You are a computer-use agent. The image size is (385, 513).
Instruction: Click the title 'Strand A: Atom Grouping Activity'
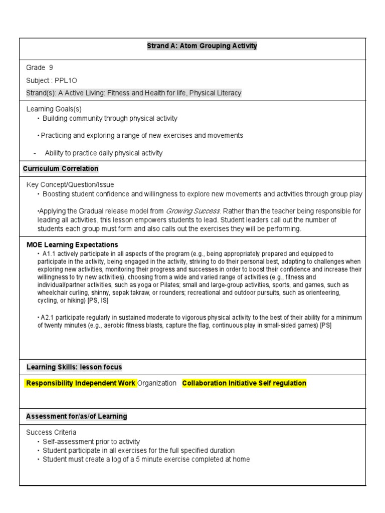click(x=202, y=46)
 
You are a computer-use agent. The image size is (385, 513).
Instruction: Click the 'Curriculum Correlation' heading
click(x=61, y=168)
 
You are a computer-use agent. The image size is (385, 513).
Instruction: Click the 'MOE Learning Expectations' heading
click(x=72, y=245)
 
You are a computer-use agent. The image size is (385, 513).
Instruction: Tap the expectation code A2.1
click(x=48, y=318)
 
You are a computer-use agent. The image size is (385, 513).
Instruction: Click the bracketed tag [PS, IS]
click(x=98, y=301)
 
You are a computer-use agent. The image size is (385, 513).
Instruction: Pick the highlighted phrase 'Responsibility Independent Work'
click(x=80, y=383)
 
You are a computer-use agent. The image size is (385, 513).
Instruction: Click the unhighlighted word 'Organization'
click(x=157, y=383)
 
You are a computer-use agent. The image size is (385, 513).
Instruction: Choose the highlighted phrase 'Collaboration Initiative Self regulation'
click(x=244, y=383)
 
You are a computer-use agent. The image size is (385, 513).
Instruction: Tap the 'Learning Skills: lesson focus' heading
click(x=74, y=367)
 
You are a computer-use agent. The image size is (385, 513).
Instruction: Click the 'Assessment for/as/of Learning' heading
click(x=77, y=416)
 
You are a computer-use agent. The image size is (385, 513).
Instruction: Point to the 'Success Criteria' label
click(x=51, y=432)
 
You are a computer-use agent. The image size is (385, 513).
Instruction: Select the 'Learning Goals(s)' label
click(x=54, y=109)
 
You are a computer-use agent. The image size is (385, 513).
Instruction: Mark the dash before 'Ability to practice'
click(x=35, y=153)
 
